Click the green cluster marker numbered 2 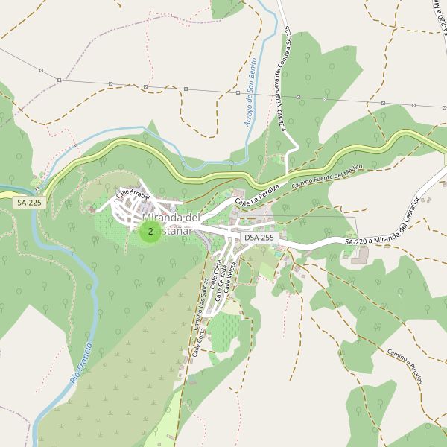click(x=150, y=232)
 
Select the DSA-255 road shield click(x=259, y=238)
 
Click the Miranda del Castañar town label click(x=171, y=223)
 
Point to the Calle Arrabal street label click(x=133, y=194)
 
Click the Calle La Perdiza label click(x=257, y=194)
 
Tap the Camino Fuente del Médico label click(x=326, y=176)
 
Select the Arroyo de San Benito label click(x=251, y=91)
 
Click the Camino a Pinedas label click(x=405, y=367)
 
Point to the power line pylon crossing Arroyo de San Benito click(x=248, y=94)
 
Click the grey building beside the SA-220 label click(x=361, y=255)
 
